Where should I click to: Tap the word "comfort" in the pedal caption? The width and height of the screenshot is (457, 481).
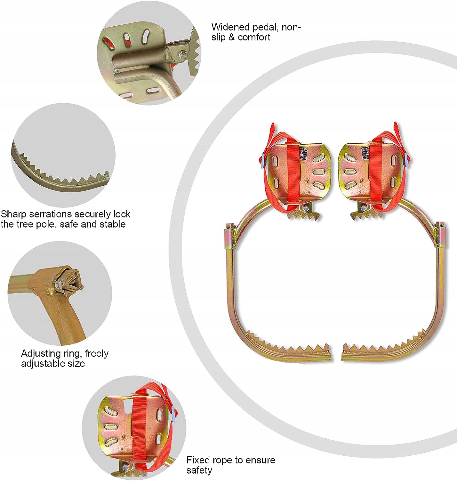click(x=254, y=37)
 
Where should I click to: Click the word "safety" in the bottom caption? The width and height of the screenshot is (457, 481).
click(x=199, y=470)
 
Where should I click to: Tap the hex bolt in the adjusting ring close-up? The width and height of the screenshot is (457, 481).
click(x=58, y=284)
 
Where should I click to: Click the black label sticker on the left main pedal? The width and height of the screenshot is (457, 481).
click(x=303, y=154)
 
